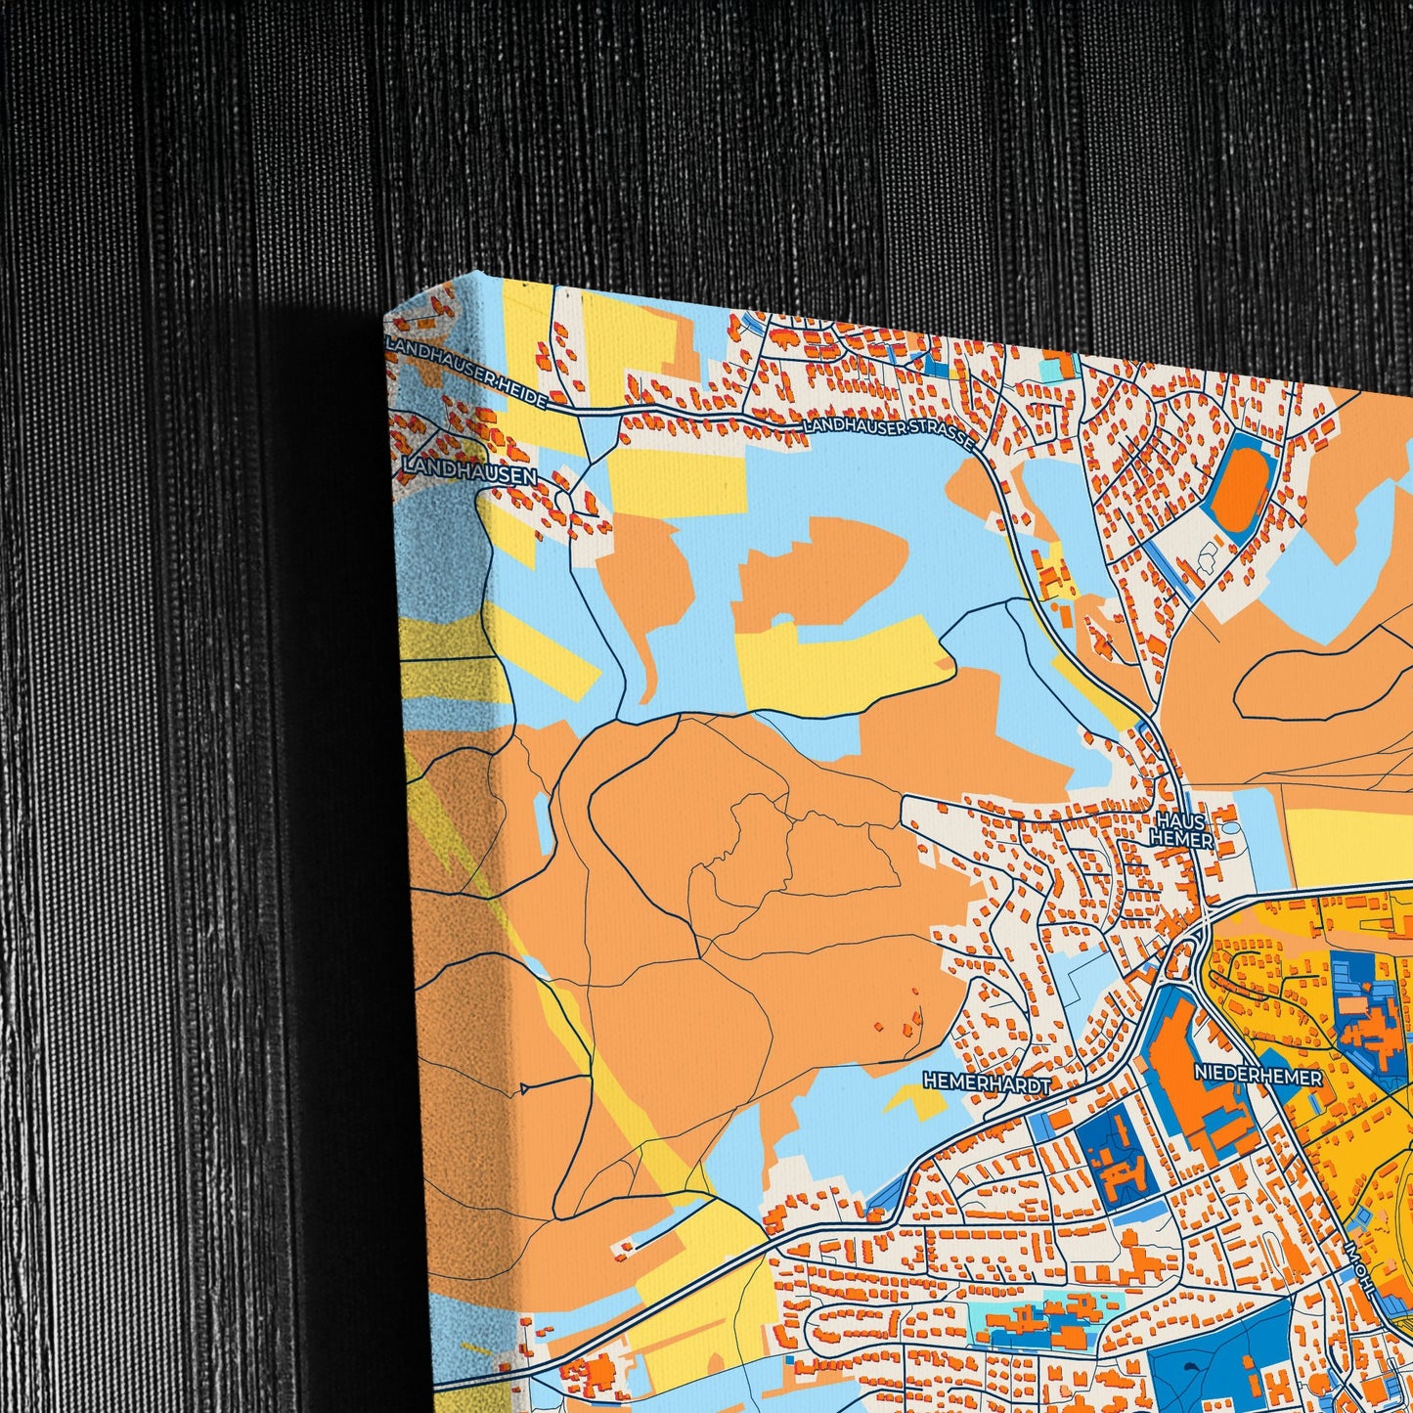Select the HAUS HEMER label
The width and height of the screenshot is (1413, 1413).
pyautogui.click(x=1182, y=831)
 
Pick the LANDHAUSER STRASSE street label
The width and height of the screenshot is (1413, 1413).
pyautogui.click(x=888, y=434)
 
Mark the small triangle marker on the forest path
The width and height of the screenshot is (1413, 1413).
pyautogui.click(x=525, y=1087)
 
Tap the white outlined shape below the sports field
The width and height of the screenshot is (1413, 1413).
pyautogui.click(x=1205, y=557)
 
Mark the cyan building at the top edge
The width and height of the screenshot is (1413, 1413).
pyautogui.click(x=1055, y=369)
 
